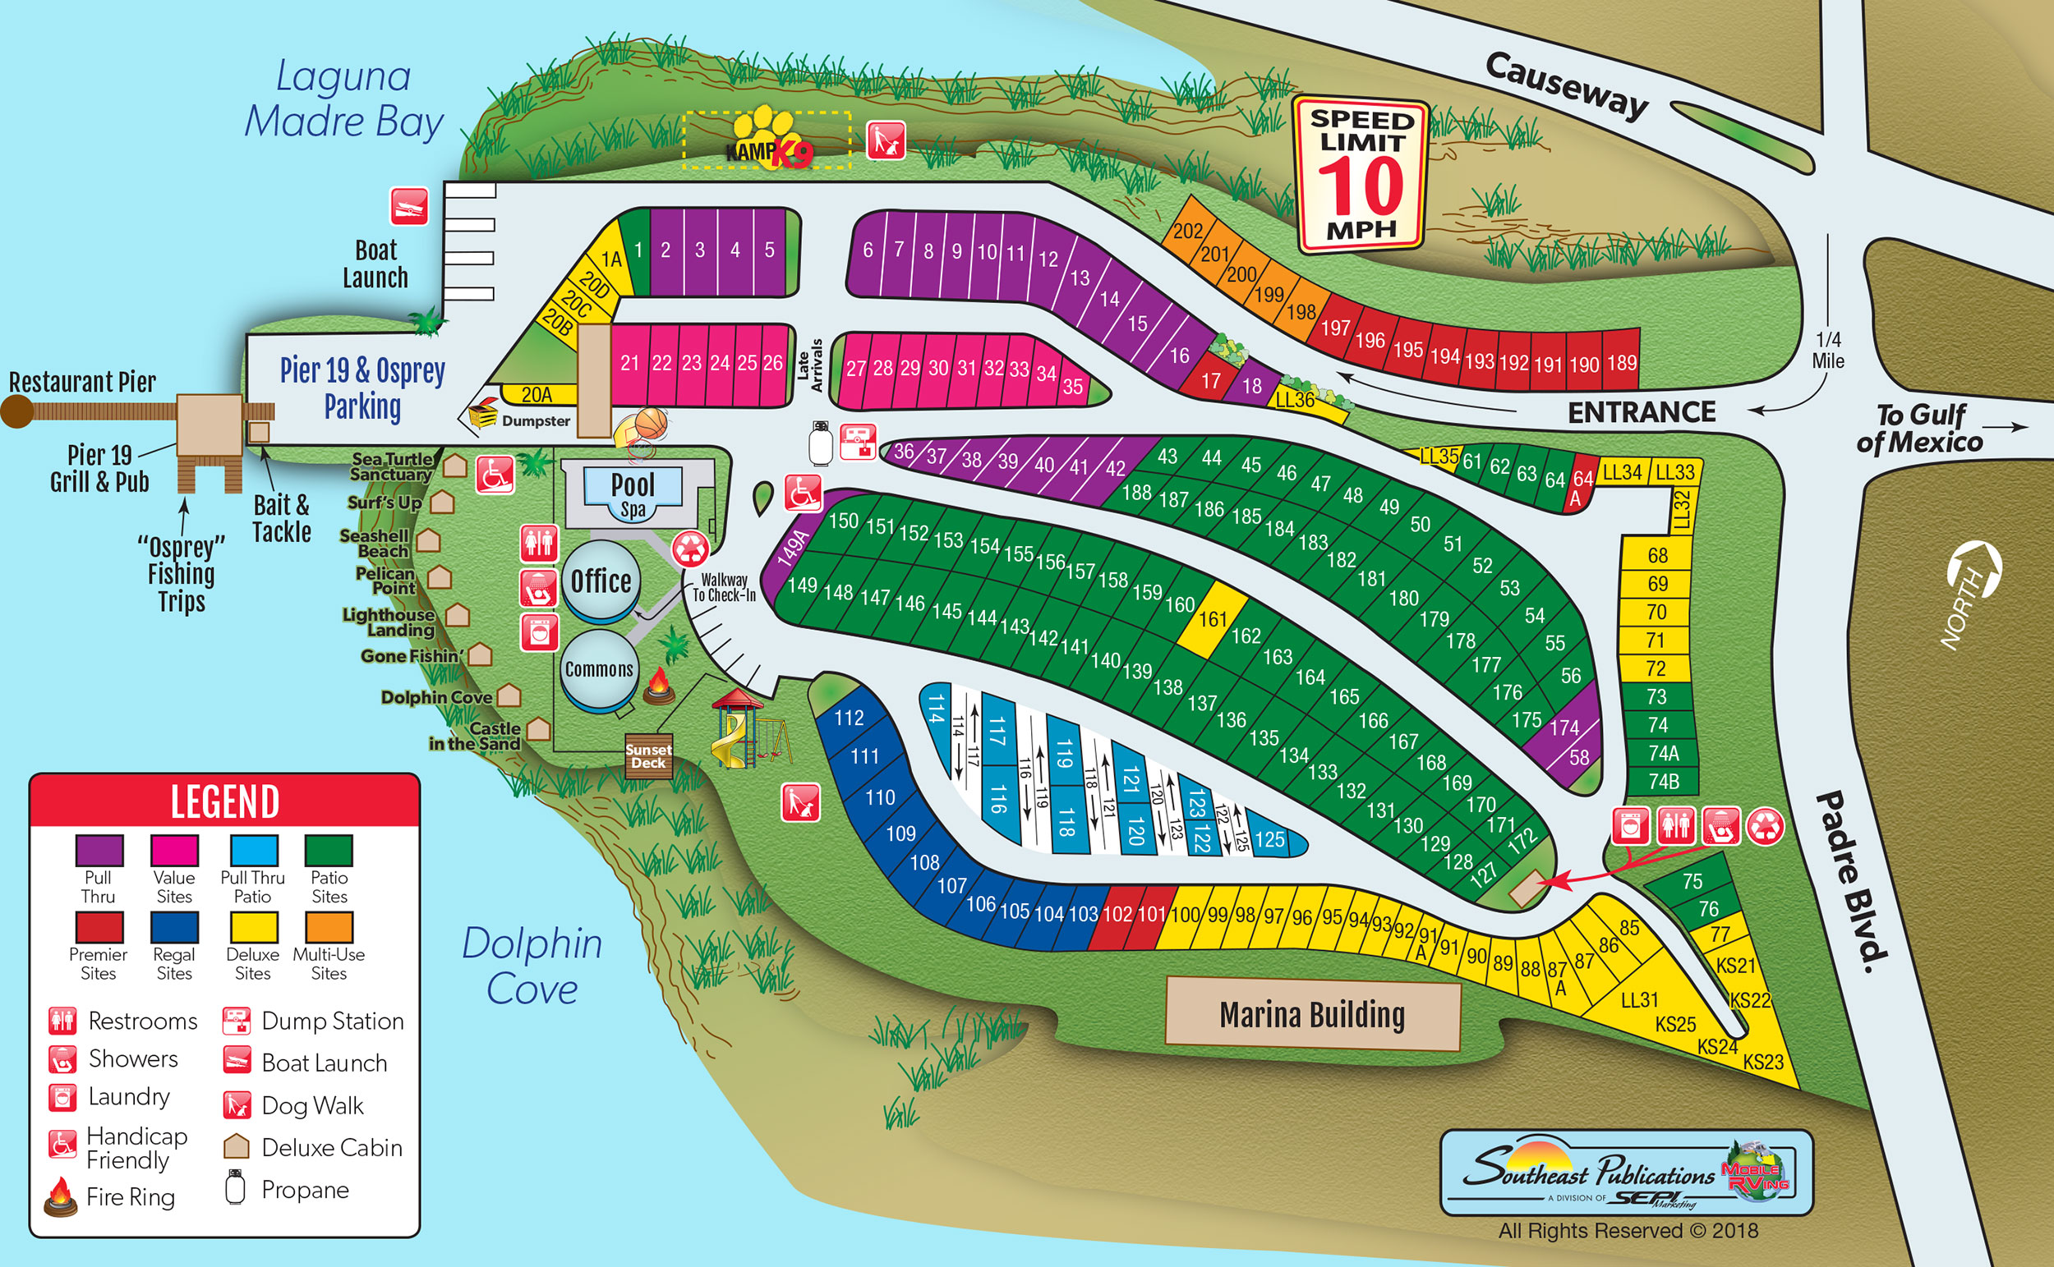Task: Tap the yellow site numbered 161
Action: tap(1211, 618)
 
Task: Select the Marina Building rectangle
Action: tap(1312, 1015)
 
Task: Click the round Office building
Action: tap(601, 581)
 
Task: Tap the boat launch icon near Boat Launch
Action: tap(409, 206)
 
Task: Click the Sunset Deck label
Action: tap(648, 755)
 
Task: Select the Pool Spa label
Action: tap(633, 493)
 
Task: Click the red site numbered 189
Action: tap(1621, 363)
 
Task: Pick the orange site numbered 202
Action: tap(1187, 231)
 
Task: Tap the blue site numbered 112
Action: tap(849, 718)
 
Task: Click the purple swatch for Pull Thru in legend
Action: tap(99, 850)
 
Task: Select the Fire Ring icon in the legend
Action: tap(60, 1196)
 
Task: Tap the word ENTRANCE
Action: tap(1642, 412)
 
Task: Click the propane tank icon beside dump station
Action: tap(820, 443)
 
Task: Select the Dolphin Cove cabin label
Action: tap(436, 697)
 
